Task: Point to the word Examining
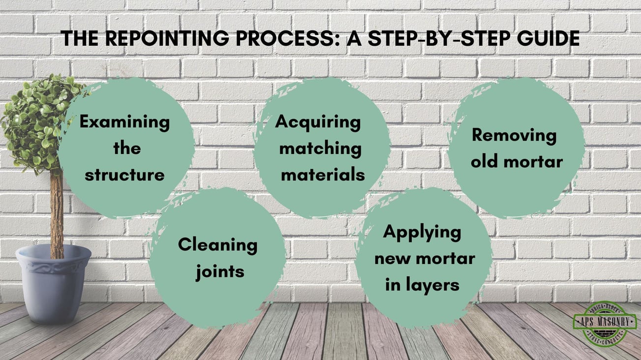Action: pos(124,121)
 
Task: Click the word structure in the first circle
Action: pos(124,175)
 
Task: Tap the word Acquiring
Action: pos(317,121)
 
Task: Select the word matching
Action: pos(320,148)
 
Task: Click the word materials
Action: pos(323,175)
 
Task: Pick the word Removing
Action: pos(514,135)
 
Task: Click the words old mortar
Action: pos(517,161)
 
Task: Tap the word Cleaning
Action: pos(217,244)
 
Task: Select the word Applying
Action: pos(422,232)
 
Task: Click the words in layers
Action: pos(422,285)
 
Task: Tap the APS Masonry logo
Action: pos(605,324)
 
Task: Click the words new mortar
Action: pos(425,258)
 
